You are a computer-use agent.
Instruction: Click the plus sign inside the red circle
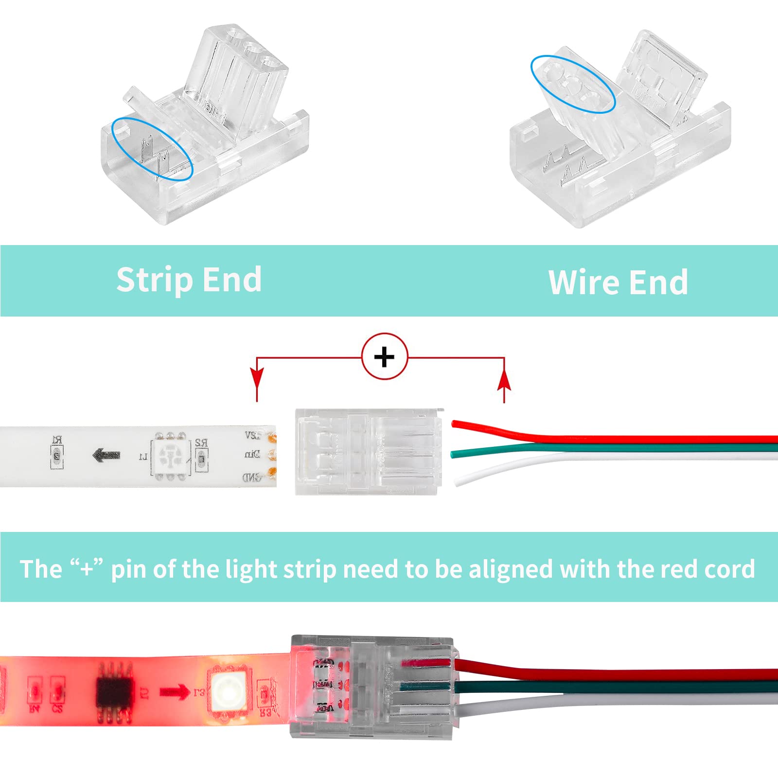[384, 357]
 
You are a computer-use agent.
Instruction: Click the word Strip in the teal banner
[155, 280]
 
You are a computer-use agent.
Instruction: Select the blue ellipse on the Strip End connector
[152, 149]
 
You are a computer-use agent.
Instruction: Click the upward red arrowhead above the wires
[504, 380]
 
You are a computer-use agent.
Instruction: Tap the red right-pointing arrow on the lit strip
[175, 691]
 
